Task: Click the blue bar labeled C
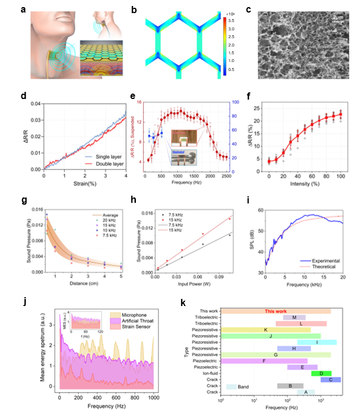(331, 380)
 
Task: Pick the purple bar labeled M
(294, 317)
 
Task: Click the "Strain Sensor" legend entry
(138, 324)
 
